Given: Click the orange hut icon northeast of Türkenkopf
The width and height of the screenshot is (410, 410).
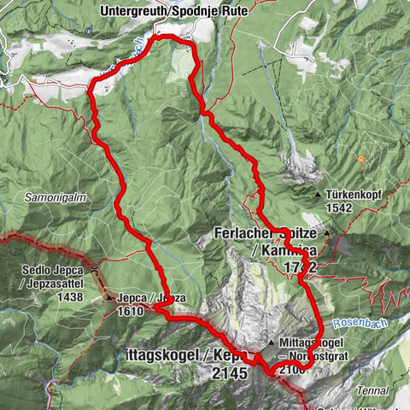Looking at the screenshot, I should coord(362,159).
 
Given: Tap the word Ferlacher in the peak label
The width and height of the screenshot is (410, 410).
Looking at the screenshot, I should coord(244,232).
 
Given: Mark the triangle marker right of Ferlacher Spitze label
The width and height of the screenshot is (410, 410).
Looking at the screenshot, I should coord(325,231).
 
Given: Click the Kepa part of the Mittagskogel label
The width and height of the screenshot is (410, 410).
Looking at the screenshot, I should coord(231,354).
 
